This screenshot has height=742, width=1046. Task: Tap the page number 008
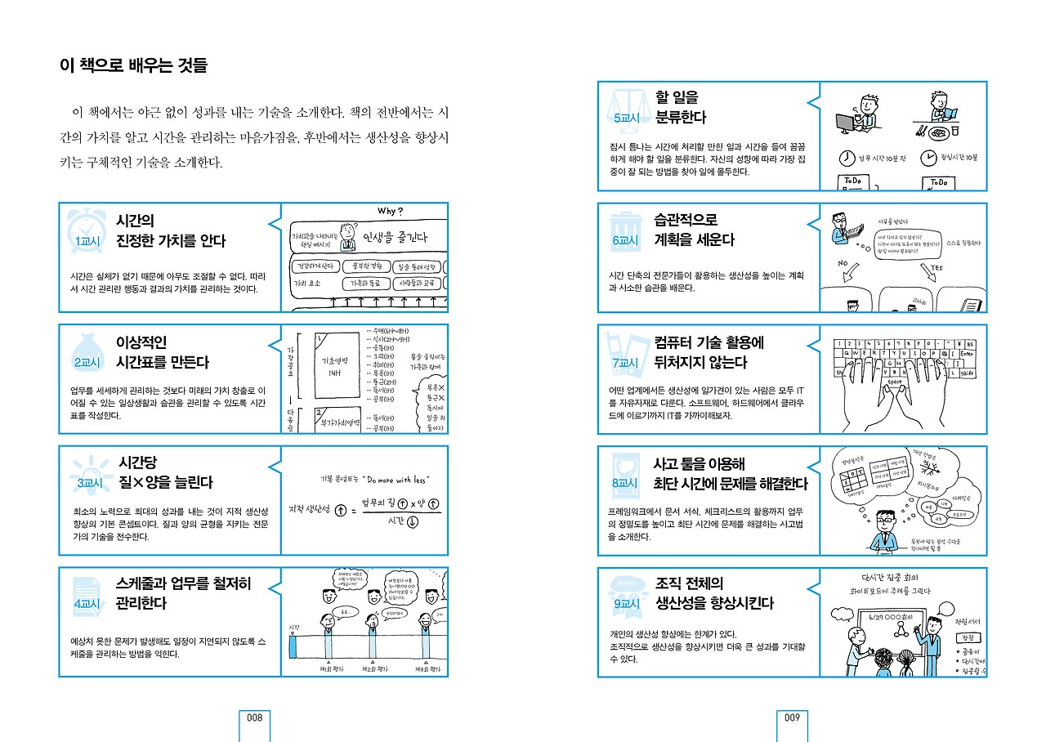[254, 717]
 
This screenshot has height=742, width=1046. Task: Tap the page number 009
[791, 717]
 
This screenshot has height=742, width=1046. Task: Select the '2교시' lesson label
[87, 363]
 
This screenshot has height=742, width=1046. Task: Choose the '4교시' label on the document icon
[87, 605]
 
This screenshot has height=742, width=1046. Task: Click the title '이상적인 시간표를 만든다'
[163, 352]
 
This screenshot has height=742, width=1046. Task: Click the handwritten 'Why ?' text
[390, 212]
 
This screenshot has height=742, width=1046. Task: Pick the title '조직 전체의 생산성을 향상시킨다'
[714, 593]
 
